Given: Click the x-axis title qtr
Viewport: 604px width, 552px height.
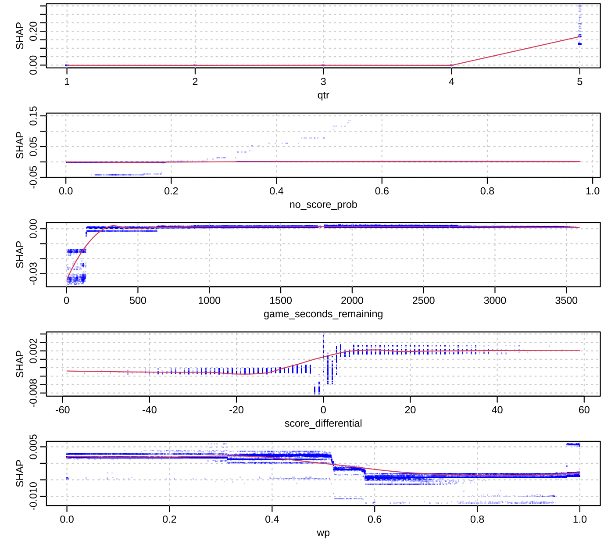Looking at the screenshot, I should pos(323,95).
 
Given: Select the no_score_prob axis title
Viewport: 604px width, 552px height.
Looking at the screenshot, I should pos(323,204).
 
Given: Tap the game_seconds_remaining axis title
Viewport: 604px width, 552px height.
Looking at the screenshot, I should pos(323,314).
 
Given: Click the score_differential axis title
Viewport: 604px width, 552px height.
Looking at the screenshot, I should pos(323,423).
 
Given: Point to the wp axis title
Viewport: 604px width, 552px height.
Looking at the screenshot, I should pos(323,533).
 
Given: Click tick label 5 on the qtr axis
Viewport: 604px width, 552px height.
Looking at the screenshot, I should pos(579,82).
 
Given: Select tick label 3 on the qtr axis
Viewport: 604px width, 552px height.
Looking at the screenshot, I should pos(323,82).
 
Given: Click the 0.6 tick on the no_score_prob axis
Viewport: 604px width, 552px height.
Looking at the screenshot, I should pos(382,191).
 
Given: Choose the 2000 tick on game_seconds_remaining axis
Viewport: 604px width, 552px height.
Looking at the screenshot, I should pos(352,301).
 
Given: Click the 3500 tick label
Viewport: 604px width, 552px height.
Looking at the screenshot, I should pos(566,301).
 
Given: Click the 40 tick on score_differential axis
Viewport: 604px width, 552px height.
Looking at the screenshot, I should pos(497,410).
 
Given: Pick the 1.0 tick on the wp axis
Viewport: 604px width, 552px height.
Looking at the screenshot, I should pos(579,520).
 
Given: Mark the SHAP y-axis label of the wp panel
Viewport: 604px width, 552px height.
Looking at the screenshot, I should pos(20,473).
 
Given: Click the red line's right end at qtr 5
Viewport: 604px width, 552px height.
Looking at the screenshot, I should pos(579,36).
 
